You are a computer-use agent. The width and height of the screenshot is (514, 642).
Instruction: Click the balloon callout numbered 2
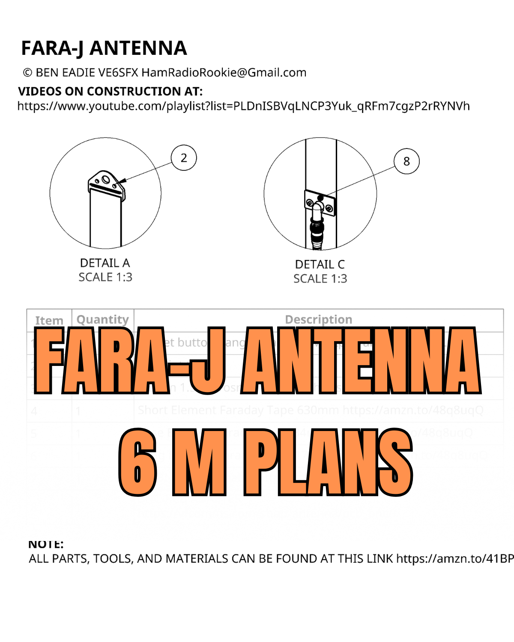pos(184,158)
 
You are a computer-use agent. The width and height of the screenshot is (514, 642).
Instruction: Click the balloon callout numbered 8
pos(406,161)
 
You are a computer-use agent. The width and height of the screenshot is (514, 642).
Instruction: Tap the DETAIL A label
pos(105,263)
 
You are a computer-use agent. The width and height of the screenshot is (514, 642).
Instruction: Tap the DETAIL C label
pos(320,265)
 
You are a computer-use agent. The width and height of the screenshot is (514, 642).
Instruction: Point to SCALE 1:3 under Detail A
pos(105,277)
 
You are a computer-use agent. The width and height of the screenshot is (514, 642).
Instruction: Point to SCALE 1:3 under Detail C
pos(320,279)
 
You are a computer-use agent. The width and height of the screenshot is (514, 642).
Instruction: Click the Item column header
pos(49,321)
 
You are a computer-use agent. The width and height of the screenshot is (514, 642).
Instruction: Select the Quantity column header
pos(102,320)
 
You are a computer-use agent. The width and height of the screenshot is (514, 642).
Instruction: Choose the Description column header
pos(319,320)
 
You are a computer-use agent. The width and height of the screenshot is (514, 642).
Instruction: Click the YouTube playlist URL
pos(243,106)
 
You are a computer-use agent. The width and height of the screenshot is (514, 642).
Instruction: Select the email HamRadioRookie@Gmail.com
pos(224,73)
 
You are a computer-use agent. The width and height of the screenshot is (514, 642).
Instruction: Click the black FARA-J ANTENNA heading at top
pos(104,48)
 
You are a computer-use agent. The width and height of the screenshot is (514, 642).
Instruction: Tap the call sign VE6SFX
pos(118,73)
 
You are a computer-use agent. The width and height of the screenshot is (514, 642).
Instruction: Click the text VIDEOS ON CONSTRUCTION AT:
pos(110,91)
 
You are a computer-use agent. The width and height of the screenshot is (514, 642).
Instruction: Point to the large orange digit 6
pos(138,462)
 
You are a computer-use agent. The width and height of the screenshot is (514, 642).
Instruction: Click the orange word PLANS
pos(328,462)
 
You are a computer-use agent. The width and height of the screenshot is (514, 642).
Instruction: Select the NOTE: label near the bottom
pos(46,544)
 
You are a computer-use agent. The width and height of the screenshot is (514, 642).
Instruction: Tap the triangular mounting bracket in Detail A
pos(106,182)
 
